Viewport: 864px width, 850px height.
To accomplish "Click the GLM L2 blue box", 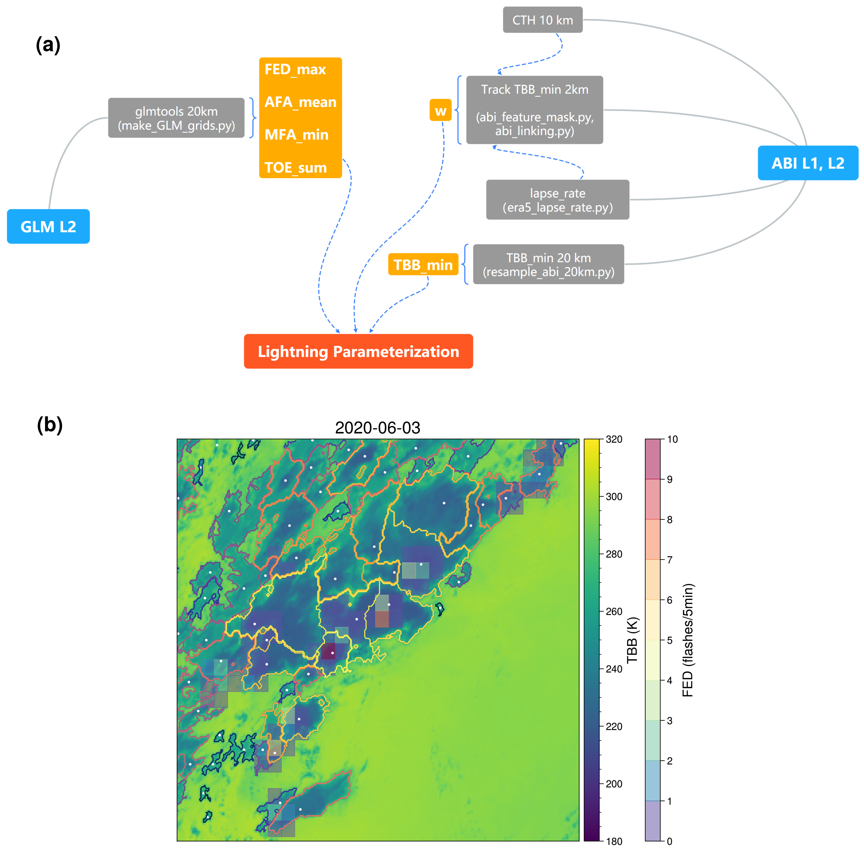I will click(x=48, y=226).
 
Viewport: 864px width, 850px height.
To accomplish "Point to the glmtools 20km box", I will click(x=176, y=118).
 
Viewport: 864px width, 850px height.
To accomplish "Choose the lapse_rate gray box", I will click(x=557, y=200).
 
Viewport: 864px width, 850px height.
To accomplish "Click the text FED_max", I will click(x=295, y=70).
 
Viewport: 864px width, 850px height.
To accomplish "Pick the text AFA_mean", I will click(x=300, y=102).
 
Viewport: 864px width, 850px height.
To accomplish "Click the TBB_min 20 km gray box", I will click(x=548, y=264).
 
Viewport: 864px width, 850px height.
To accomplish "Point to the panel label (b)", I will click(x=49, y=424).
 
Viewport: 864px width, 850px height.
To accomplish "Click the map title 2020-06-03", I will click(x=377, y=428).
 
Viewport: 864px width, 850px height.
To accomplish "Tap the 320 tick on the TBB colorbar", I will click(x=614, y=439).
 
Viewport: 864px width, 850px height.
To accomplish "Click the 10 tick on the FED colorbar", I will click(x=672, y=439).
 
